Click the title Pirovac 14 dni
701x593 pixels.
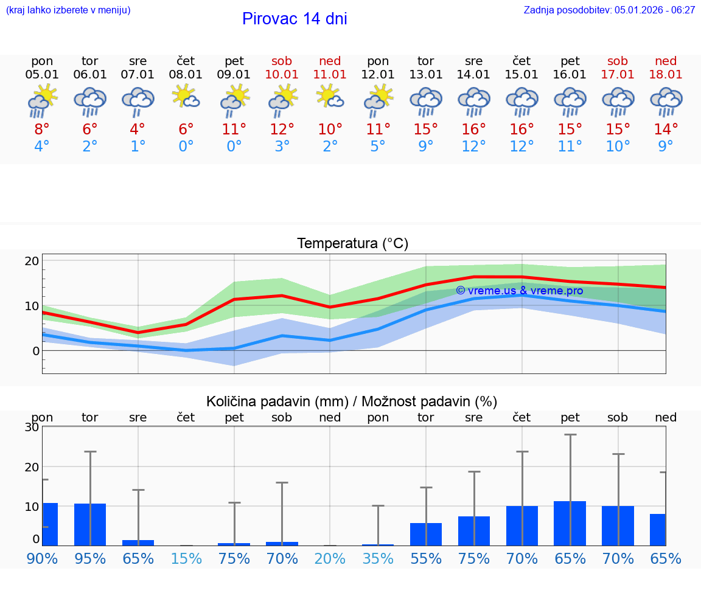(295, 19)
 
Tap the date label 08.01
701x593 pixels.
(186, 74)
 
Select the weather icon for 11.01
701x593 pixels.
(330, 98)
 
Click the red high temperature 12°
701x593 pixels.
(282, 130)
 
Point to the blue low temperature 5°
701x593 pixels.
(378, 147)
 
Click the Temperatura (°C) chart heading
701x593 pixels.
(352, 244)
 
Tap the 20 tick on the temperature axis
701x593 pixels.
(32, 261)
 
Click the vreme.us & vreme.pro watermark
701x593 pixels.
(519, 291)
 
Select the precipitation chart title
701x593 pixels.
(352, 401)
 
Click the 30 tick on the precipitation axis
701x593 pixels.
(32, 427)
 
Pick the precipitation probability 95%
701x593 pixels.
(90, 558)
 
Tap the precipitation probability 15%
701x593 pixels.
(186, 558)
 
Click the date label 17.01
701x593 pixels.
(618, 74)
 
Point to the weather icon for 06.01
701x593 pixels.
(90, 101)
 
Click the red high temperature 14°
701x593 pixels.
(666, 130)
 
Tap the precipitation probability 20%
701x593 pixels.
(330, 558)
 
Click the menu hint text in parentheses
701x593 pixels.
(68, 10)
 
